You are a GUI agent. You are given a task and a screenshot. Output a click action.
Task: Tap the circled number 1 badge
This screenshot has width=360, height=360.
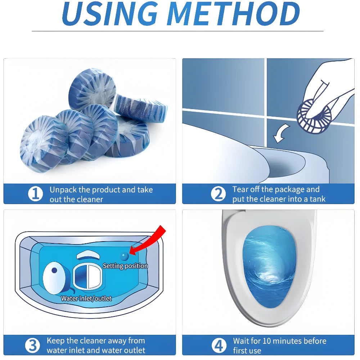point(35,194)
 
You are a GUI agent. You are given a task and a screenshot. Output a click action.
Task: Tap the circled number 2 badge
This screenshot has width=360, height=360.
point(218,194)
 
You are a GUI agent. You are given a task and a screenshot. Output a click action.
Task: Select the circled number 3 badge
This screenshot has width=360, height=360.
point(32,345)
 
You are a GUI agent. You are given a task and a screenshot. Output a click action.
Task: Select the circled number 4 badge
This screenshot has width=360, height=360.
point(219,345)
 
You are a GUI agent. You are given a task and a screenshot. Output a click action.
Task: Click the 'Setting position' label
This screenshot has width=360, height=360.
point(125,266)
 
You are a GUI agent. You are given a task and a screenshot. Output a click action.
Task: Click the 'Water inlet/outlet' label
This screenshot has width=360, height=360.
point(86,298)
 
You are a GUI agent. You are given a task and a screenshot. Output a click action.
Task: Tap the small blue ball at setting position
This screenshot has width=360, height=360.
point(124,256)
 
